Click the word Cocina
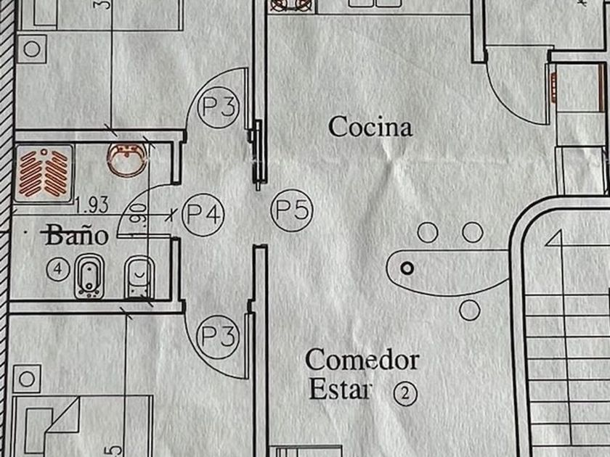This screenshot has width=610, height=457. pos(370,127)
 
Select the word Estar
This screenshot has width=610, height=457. pos(340,390)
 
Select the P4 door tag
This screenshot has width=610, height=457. pos(203,213)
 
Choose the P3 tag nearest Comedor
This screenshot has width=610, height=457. pos(219,337)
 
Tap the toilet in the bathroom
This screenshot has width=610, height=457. pos(138,278)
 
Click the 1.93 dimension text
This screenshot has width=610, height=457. pos(91,205)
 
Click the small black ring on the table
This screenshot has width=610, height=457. pos(407,268)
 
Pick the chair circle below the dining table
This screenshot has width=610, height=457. pos(470,310)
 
